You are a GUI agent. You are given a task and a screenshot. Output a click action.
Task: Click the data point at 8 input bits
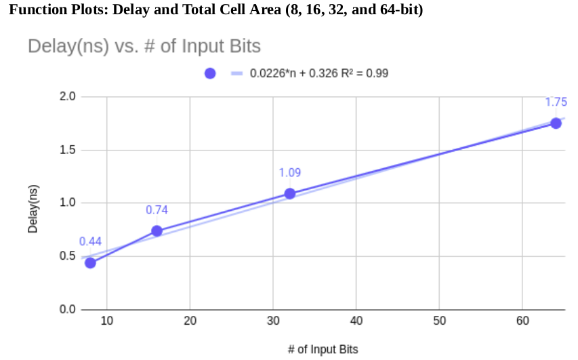point(90,263)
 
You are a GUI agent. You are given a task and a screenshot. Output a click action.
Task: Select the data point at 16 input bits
point(157,231)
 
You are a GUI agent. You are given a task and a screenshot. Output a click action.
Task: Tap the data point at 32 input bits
point(289,193)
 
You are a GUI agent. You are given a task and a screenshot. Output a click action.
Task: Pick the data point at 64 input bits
point(556,123)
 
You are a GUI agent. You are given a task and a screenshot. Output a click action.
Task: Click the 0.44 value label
point(90,241)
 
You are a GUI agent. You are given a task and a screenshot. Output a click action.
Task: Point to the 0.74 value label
point(157,210)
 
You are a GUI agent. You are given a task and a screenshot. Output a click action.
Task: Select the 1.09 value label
point(289,173)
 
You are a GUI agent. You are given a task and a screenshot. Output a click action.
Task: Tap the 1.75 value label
point(556,102)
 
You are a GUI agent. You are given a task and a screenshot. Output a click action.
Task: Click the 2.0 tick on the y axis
point(68,97)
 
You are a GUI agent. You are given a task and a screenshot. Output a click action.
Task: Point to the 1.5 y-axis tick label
point(68,150)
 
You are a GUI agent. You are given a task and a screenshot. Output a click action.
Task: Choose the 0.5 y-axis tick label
point(68,256)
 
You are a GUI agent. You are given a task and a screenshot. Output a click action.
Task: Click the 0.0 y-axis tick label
point(68,310)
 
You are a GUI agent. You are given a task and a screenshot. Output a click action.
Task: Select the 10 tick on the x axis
point(106,321)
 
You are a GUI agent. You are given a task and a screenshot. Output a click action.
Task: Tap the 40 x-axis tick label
point(356,321)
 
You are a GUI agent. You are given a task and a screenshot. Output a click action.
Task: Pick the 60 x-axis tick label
point(522,321)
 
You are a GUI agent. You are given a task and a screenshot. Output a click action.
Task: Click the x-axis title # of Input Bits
point(323,349)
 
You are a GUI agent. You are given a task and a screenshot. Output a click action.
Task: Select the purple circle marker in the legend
point(210,73)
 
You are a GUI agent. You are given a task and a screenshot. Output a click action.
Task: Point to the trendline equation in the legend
point(318,73)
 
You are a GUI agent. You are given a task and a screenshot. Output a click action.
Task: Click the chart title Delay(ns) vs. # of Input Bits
point(144,47)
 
